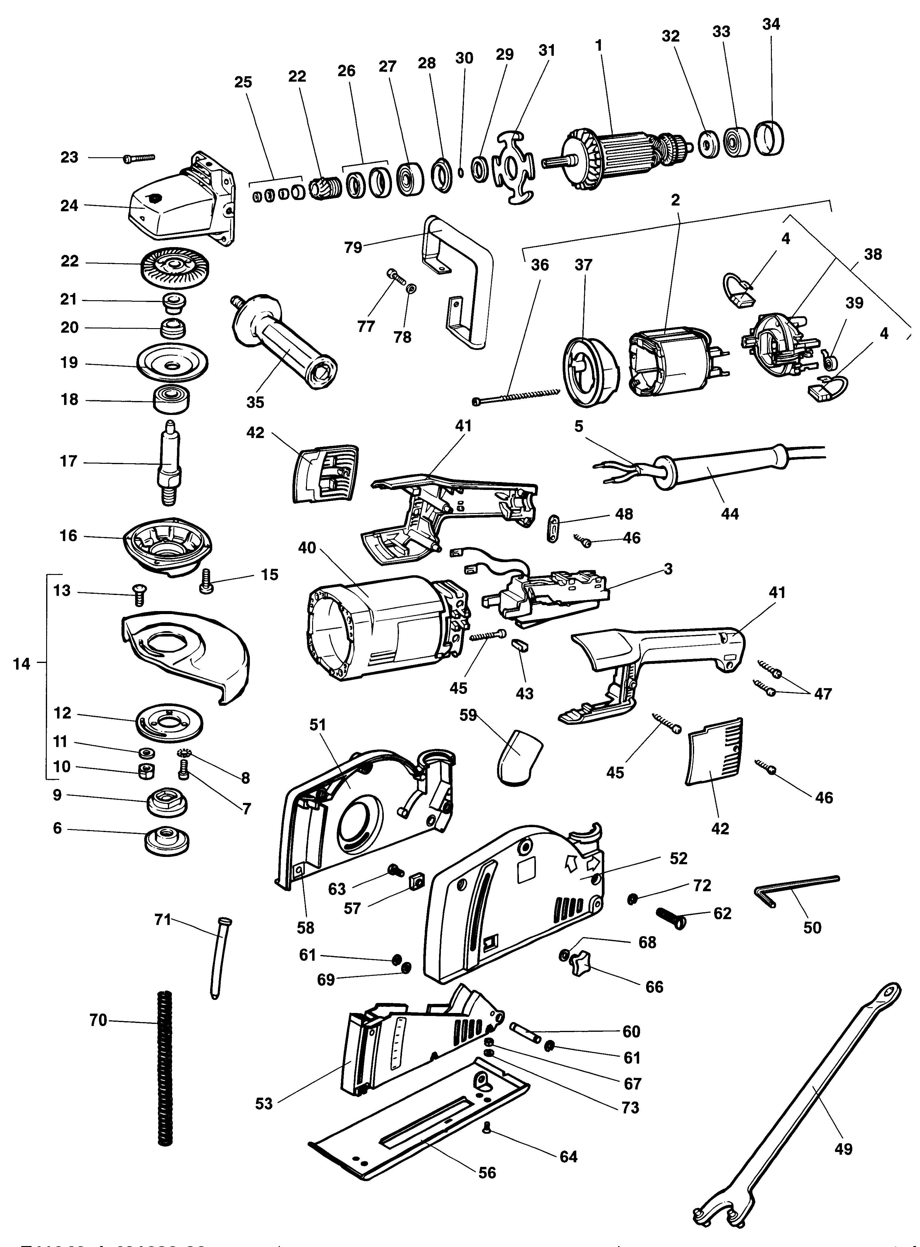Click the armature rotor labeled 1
click(x=624, y=151)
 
